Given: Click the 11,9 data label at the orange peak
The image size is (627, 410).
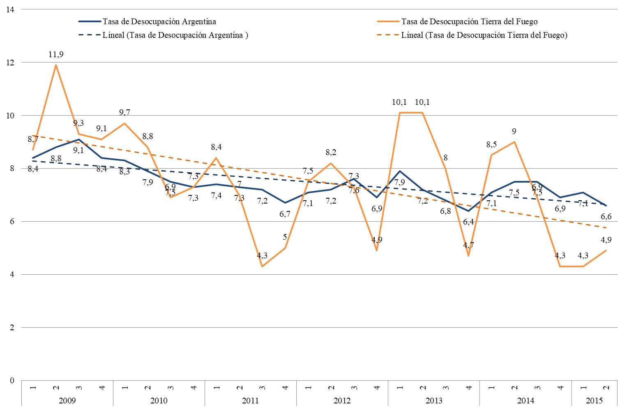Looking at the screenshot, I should [x=56, y=55].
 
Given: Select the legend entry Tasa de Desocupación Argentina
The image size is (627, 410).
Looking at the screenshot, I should [x=159, y=21].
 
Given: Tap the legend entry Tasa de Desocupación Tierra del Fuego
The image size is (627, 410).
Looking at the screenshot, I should [x=469, y=21].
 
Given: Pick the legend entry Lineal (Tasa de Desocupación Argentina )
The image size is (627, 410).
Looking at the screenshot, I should [x=175, y=35].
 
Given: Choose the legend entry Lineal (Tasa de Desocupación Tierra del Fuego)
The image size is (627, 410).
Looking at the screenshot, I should [x=484, y=35].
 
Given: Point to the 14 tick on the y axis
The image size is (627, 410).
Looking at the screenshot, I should [x=10, y=9].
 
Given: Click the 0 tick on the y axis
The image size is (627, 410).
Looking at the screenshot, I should [x=12, y=380].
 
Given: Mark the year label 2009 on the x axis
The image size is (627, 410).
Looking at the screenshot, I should [x=67, y=401].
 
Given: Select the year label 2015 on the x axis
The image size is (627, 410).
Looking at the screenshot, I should [x=594, y=401].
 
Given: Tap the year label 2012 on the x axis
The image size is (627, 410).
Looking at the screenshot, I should [x=342, y=401].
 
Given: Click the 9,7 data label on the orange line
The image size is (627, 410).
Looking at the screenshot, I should [x=124, y=113].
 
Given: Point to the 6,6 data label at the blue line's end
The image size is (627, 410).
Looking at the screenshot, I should [x=606, y=217].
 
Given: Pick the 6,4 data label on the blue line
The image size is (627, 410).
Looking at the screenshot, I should [x=468, y=222].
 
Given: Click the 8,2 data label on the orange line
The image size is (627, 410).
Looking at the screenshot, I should [x=331, y=153].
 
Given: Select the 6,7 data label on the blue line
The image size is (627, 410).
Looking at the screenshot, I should [x=285, y=214].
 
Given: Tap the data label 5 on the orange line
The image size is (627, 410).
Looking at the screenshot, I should [x=285, y=237].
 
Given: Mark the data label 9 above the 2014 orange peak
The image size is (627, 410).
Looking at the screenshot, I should [x=514, y=132].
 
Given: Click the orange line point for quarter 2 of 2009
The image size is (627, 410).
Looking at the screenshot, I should [x=56, y=65].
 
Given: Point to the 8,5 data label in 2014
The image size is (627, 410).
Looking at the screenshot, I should [x=491, y=145].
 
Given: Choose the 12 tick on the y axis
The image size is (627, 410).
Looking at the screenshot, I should [x=10, y=63].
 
